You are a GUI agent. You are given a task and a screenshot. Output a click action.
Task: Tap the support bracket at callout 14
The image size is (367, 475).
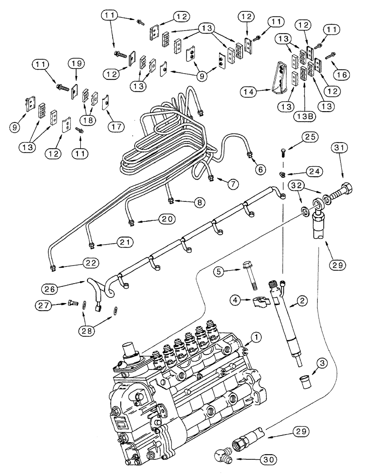pyautogui.click(x=282, y=81)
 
